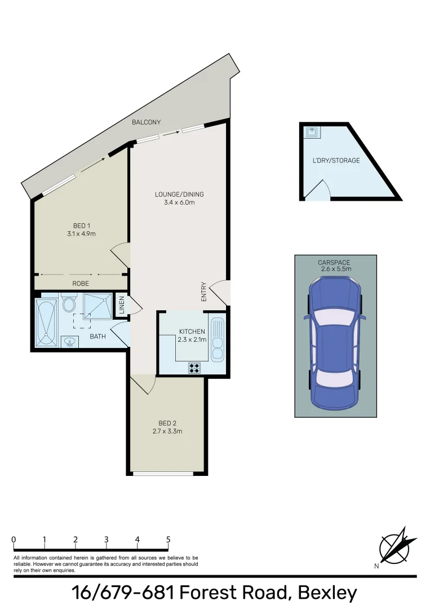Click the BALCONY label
tap(146, 122)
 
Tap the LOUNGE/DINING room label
tap(179, 195)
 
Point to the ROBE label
tap(81, 283)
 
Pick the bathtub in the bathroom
tap(46, 322)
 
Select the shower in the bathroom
tap(98, 307)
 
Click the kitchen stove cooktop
tap(194, 368)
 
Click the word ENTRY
tap(203, 292)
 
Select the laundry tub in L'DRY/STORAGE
tap(312, 132)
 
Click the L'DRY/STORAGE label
tap(336, 161)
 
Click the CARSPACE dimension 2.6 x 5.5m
tap(335, 269)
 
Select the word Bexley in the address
tap(327, 593)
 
